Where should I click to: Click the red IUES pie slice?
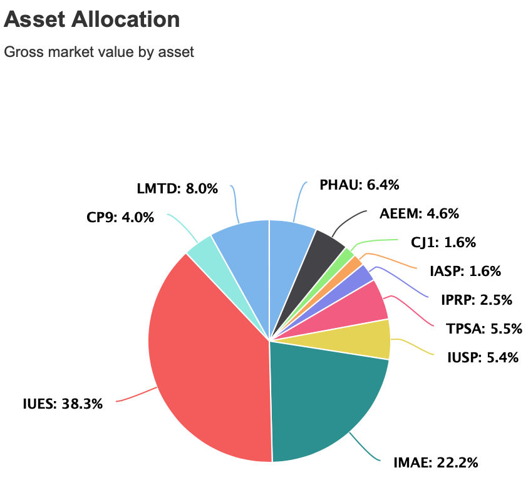pos(207,363)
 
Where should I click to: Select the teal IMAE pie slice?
pos(319,401)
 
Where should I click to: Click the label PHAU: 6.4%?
pos(359,185)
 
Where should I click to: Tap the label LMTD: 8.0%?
pos(177,188)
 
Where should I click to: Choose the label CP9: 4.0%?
pos(120,218)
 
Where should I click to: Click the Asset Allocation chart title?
pos(92,19)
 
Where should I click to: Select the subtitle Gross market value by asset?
pos(99,51)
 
